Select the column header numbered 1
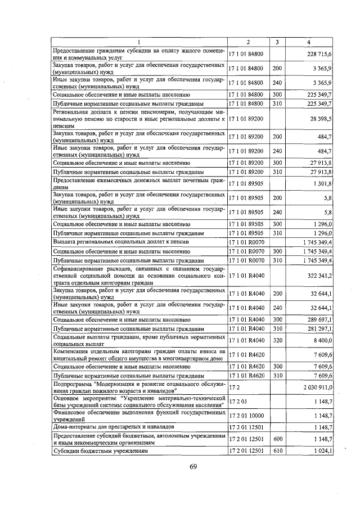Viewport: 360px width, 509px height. [139, 43]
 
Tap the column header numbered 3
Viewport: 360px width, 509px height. [277, 43]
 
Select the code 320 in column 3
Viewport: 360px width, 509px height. [277, 340]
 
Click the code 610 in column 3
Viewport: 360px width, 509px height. [277, 451]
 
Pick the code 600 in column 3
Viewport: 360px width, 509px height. [277, 439]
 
